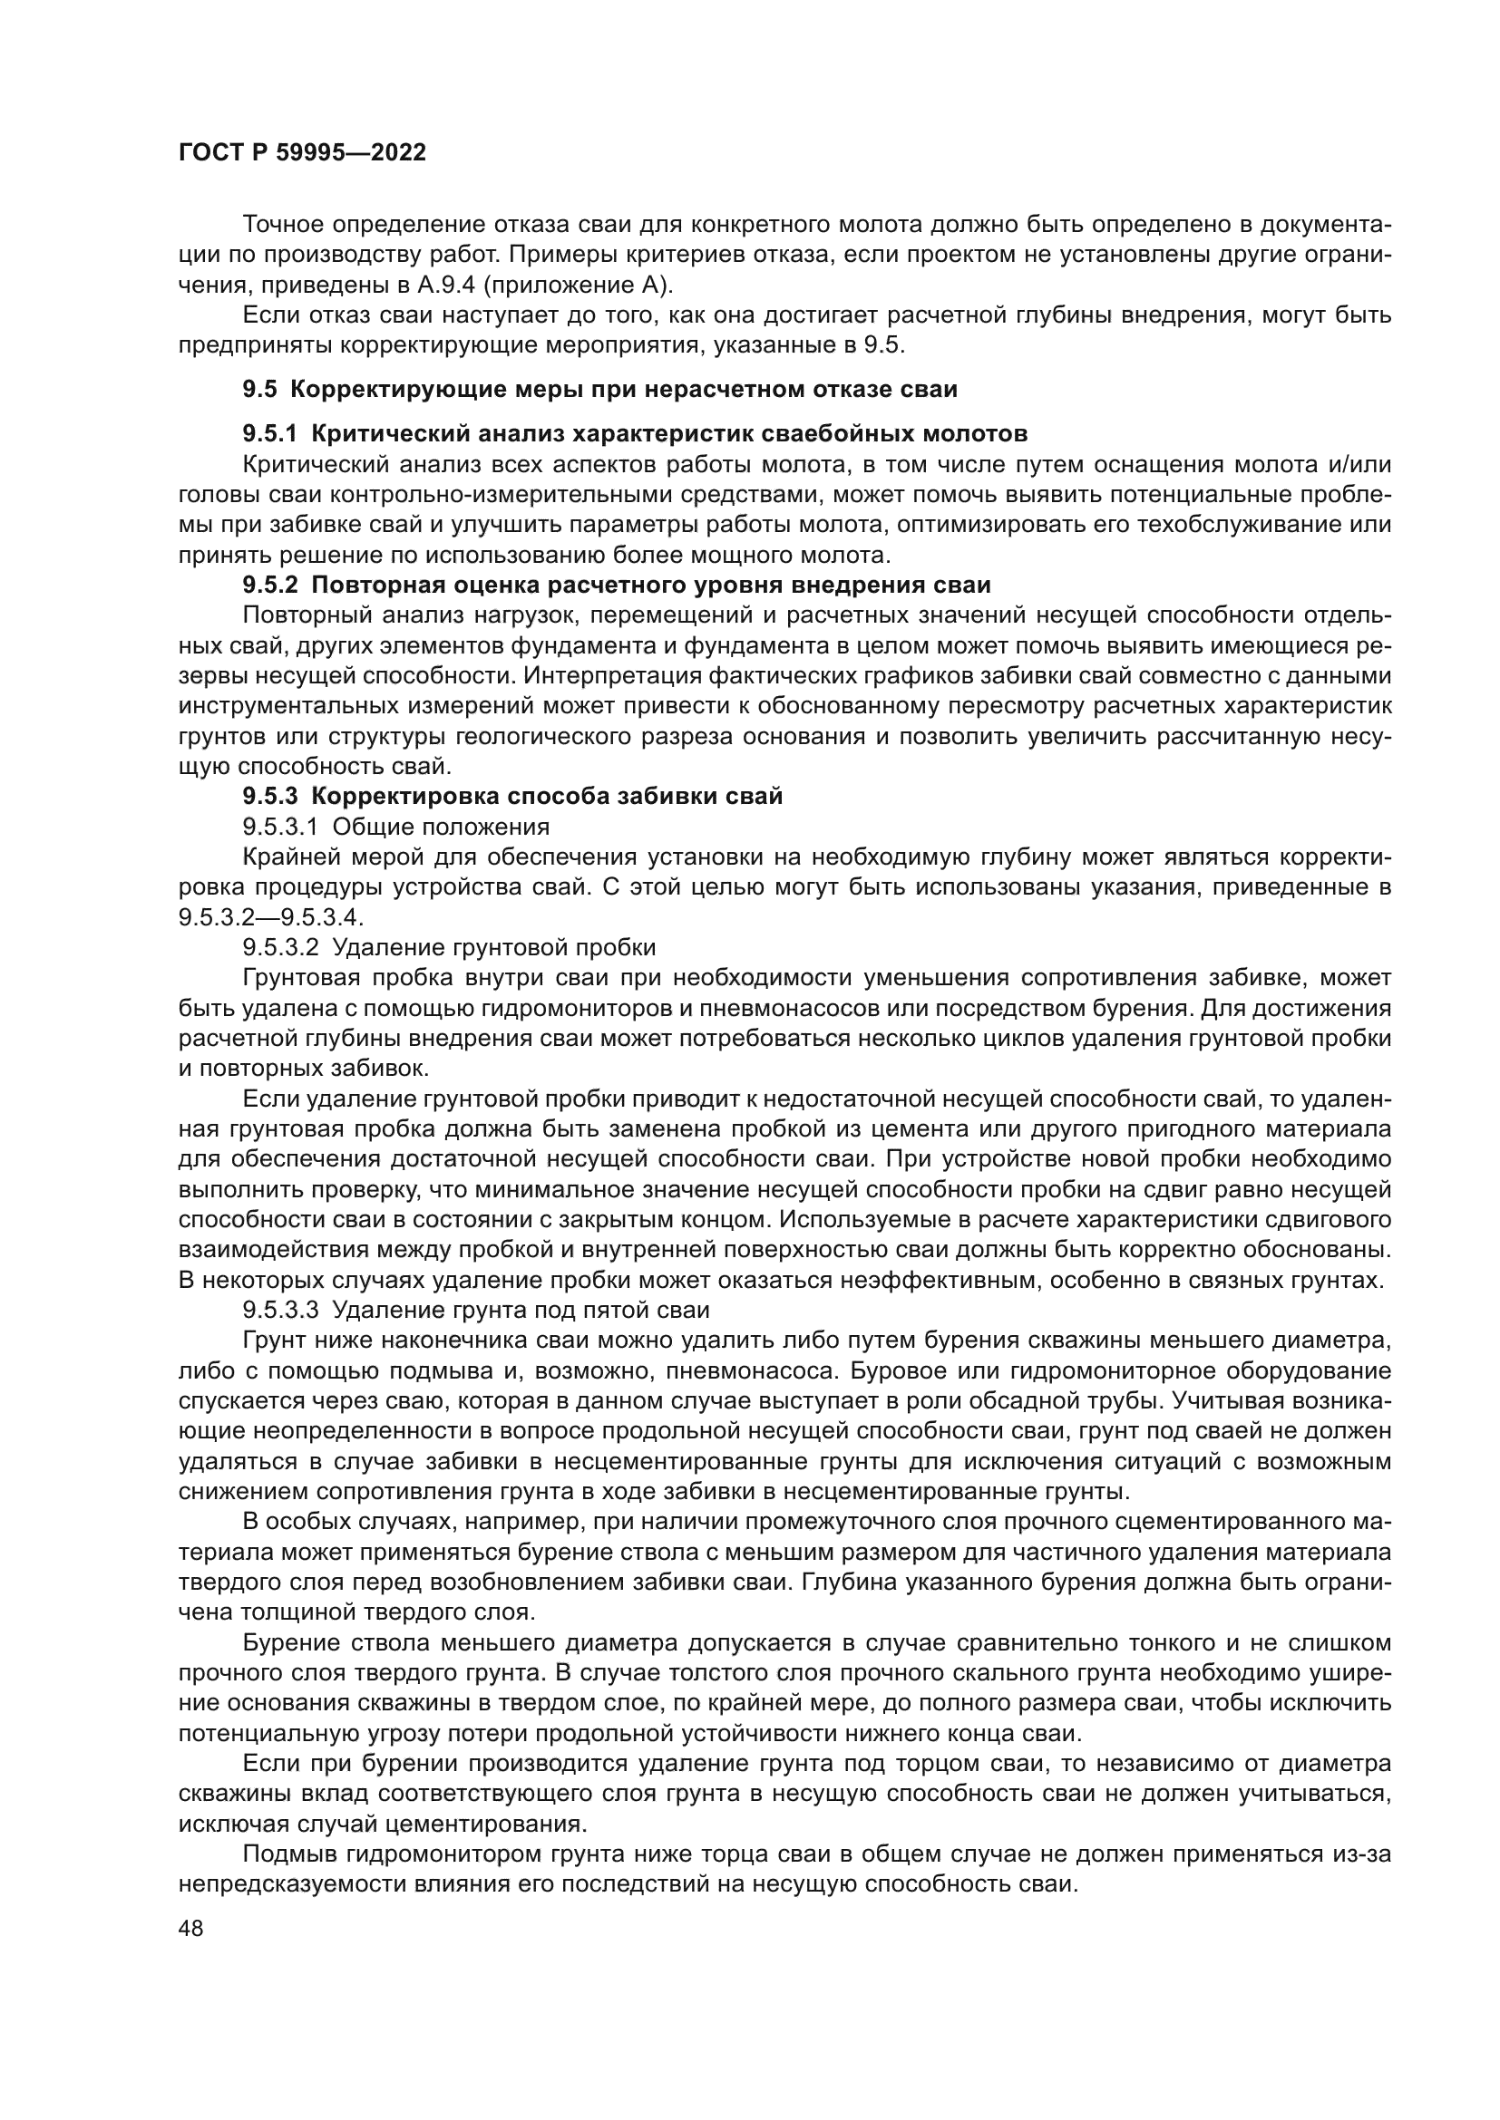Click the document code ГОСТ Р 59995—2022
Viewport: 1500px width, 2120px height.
coord(302,153)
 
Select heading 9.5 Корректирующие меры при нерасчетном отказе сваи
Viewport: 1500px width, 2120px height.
coord(599,390)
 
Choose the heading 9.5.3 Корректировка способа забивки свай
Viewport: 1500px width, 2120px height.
coord(512,797)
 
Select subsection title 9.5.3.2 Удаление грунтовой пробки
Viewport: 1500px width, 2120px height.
coord(449,947)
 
